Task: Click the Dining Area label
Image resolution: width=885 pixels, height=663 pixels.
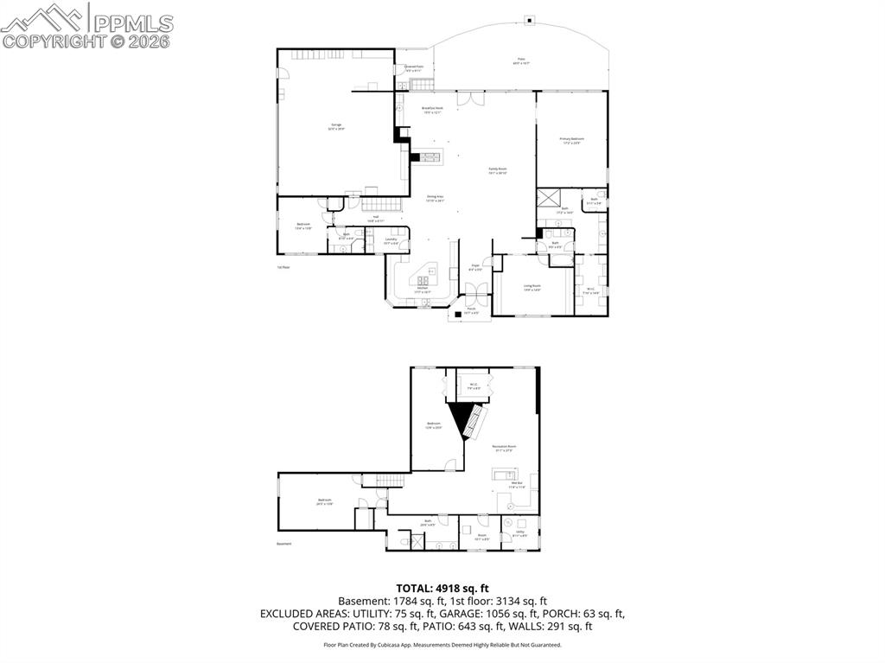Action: (x=435, y=198)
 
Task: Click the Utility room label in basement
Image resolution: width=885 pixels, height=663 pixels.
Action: (x=520, y=534)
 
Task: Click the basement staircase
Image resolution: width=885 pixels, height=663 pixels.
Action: (x=394, y=481)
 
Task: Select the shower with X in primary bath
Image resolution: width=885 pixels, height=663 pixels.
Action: (x=548, y=197)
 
